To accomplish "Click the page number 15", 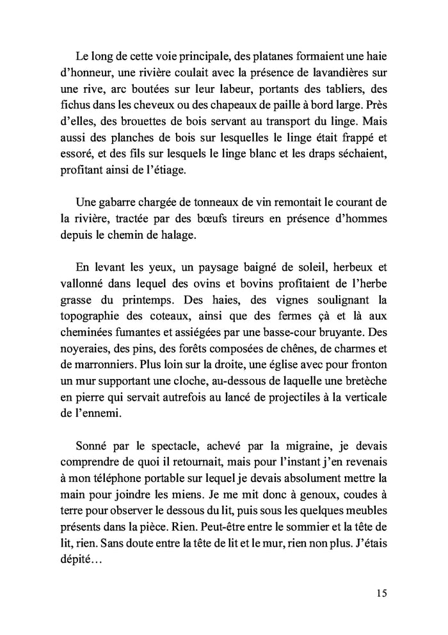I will point(381,593).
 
